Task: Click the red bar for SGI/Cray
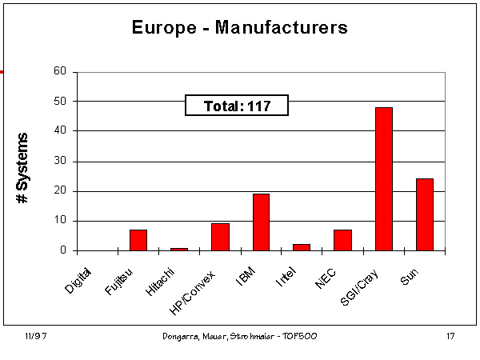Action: click(383, 178)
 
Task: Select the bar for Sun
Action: click(424, 214)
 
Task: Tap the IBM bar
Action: click(261, 222)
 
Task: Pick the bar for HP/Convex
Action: click(220, 237)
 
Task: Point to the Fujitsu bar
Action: click(138, 240)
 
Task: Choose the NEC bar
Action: click(342, 240)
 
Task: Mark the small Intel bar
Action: click(302, 247)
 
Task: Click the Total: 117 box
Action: click(236, 105)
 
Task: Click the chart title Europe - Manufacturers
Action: click(239, 28)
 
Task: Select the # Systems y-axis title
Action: click(24, 166)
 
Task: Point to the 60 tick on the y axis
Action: click(60, 71)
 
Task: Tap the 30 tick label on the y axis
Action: click(60, 161)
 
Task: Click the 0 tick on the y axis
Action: click(63, 250)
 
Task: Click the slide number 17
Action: click(450, 337)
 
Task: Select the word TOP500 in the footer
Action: click(301, 337)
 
